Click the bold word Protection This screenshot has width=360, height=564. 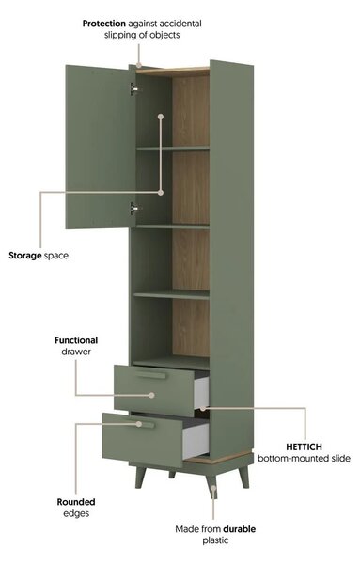104,23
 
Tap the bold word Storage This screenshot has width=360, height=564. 25,256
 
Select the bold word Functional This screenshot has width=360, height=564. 76,340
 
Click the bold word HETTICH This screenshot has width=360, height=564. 304,447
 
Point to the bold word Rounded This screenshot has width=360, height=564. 76,502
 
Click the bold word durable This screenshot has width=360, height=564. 239,529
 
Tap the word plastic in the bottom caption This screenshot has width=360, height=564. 215,540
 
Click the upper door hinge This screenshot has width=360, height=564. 133,89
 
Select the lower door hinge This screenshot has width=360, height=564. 133,209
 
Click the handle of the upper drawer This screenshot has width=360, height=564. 150,375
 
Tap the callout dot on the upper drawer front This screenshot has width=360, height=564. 151,395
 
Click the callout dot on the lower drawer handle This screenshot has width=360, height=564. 139,424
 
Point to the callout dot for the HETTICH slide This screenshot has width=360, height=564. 202,408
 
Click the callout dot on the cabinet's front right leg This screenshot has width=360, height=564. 213,489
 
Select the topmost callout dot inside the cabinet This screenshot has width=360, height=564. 161,117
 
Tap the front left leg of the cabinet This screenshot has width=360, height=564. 141,477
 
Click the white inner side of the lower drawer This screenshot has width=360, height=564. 196,442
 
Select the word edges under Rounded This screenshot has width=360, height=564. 76,513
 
